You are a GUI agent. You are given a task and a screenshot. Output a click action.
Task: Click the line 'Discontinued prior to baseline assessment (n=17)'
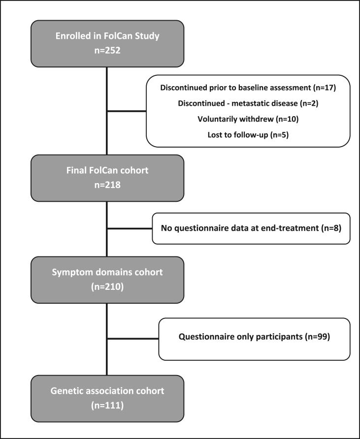click(x=248, y=88)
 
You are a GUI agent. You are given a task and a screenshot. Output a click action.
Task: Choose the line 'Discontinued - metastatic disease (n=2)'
click(x=248, y=104)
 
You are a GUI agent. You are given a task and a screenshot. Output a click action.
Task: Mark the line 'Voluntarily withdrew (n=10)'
click(x=248, y=119)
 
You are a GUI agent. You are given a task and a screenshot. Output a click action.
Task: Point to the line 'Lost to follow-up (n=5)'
click(x=248, y=134)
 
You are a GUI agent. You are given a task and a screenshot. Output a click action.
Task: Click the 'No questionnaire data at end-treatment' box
click(x=251, y=228)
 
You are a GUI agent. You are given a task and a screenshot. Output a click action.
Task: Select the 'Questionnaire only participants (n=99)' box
click(x=254, y=339)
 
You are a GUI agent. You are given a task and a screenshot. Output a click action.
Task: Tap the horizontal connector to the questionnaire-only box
click(x=132, y=339)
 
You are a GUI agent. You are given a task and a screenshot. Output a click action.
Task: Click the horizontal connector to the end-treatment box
click(x=130, y=228)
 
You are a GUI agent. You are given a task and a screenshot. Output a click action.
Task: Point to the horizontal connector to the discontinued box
click(x=127, y=111)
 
